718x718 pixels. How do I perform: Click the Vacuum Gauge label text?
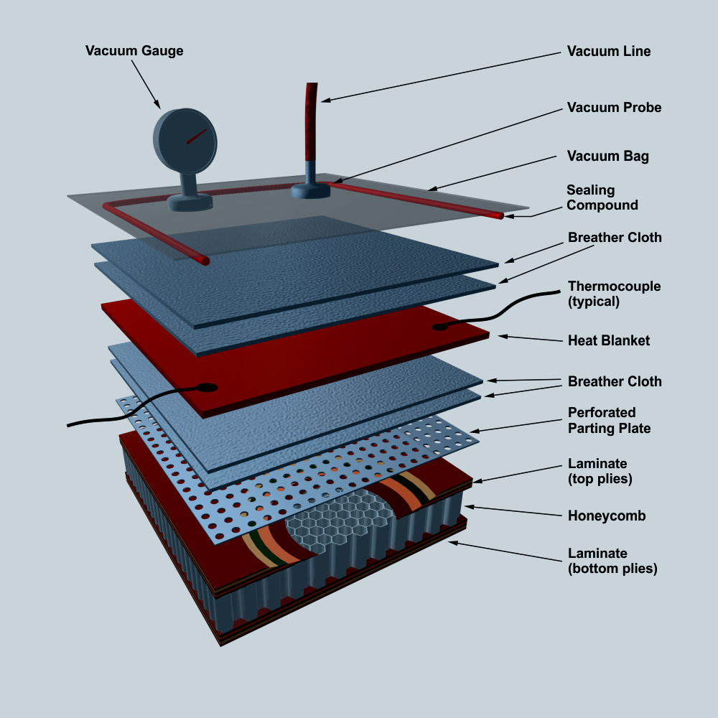coord(134,51)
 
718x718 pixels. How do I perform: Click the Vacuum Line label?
coord(609,52)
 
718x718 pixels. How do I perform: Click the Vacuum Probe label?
coord(614,108)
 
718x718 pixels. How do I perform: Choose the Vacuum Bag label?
coord(607,156)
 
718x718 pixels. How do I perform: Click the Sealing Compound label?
coord(602,197)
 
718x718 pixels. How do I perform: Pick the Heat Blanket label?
coord(608,340)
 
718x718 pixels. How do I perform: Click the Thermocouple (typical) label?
coord(614,294)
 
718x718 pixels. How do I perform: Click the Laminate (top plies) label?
coord(600,471)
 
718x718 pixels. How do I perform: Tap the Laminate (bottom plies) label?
coord(612,561)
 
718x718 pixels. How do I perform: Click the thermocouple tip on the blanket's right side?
coord(437,327)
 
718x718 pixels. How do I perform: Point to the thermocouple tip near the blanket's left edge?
coord(208,388)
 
